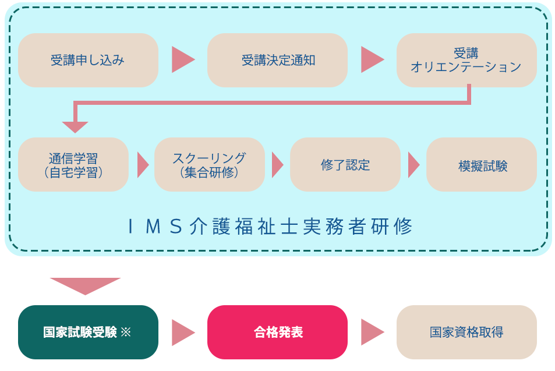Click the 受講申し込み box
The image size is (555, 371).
88,60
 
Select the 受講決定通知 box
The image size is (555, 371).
277,60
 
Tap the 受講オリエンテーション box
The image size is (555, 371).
466,60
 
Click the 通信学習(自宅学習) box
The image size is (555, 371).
73,165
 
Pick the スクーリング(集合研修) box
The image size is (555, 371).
209,165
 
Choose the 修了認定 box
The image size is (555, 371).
345,165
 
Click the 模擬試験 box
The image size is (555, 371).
481,165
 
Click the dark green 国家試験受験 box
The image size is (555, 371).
88,332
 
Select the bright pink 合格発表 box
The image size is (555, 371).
277,332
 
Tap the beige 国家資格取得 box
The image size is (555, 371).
466,332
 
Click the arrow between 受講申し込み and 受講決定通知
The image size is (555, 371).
182,59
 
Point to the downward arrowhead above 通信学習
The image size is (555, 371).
75,126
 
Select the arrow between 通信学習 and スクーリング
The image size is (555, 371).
142,165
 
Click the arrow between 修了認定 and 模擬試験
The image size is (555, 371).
413,165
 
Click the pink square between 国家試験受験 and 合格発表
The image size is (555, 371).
183,332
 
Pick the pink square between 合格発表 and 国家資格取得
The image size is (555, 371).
373,332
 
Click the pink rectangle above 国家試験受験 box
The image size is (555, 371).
85,287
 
